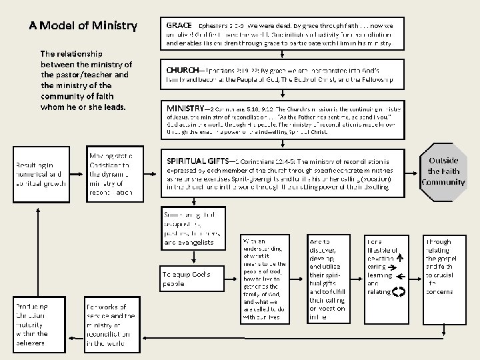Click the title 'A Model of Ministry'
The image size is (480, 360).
tap(83, 27)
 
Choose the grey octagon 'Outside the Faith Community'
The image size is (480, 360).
tap(443, 172)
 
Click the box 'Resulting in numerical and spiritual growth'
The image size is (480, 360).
tap(41, 173)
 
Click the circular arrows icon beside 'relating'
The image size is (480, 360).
tap(399, 291)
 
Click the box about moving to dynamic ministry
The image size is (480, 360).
tap(111, 173)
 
